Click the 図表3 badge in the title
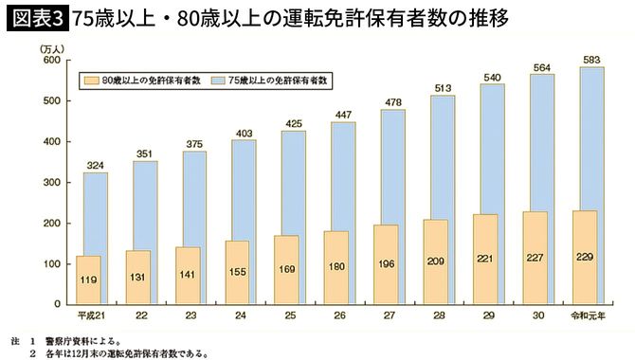(34, 18)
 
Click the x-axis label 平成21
(90, 315)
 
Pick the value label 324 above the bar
(95, 164)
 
